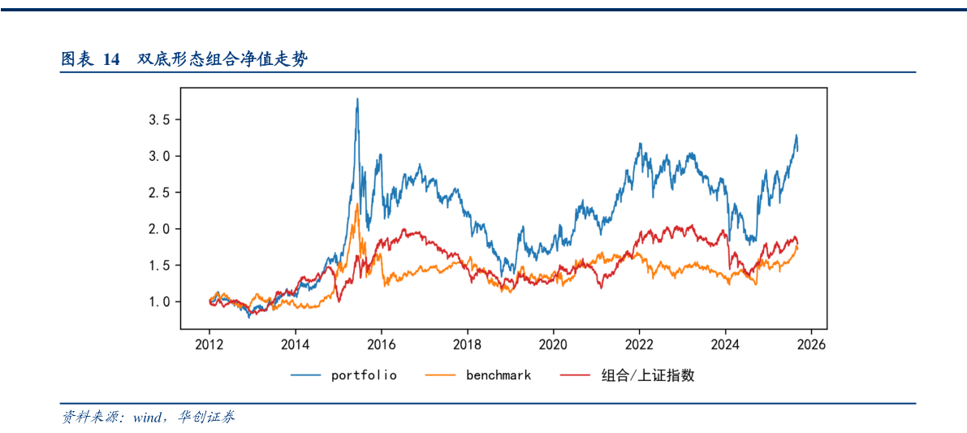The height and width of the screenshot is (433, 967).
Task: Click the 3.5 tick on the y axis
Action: point(159,120)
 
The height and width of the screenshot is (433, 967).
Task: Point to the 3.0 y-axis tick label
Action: point(159,156)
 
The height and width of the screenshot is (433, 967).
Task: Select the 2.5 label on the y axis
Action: point(159,193)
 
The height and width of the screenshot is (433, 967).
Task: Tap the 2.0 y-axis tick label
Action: point(159,229)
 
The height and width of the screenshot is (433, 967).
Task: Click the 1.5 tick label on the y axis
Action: point(159,266)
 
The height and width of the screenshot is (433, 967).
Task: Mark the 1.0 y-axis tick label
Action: point(159,301)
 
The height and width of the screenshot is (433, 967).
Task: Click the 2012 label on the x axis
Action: point(209,344)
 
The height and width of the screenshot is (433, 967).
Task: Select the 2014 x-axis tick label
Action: point(296,344)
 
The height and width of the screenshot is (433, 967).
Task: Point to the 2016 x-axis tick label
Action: point(382,344)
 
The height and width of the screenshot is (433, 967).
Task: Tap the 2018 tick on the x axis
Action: point(468,344)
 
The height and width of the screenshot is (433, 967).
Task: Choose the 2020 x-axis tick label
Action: point(554,344)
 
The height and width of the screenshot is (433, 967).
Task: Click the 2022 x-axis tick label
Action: point(640,344)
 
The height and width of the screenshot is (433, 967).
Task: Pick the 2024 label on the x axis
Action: point(726,344)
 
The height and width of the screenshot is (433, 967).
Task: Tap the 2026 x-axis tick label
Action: point(812,344)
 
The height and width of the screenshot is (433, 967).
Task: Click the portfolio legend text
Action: point(364,375)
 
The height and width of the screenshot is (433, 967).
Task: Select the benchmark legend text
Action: point(498,375)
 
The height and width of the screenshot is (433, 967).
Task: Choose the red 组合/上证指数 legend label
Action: point(647,375)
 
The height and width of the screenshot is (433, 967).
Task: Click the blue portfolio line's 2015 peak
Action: point(357,99)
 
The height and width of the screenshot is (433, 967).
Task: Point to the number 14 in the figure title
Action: point(111,59)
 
